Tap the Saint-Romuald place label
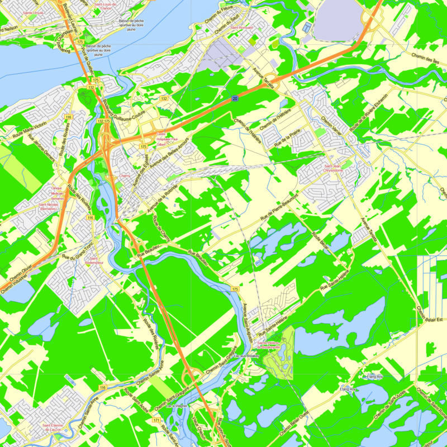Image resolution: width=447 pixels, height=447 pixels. click(244, 27)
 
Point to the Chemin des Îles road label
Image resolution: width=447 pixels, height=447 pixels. click(424, 56)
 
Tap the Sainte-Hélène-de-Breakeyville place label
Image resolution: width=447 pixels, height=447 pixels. click(268, 345)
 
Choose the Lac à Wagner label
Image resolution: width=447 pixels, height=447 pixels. click(178, 406)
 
